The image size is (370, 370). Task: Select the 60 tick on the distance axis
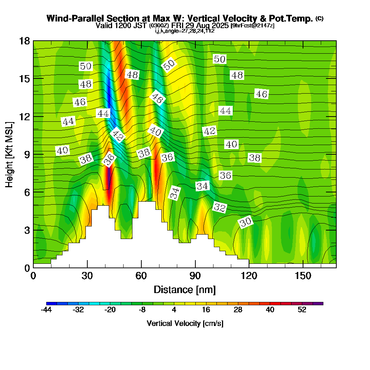141,275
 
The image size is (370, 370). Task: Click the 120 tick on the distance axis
249,275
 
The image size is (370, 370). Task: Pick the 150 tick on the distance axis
303,275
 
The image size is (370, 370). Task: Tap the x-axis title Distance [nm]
185,289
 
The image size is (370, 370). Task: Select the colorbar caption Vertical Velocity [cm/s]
185,323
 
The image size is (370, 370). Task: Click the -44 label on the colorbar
46,310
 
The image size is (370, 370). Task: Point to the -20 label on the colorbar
110,310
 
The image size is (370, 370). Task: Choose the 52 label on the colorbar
302,310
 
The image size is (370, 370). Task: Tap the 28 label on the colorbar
238,310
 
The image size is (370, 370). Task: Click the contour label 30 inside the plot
246,222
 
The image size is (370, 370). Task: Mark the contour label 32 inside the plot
220,208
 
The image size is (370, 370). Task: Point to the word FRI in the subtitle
178,26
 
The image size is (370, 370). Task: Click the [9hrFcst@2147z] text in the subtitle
252,26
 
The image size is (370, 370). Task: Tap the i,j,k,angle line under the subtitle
185,31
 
